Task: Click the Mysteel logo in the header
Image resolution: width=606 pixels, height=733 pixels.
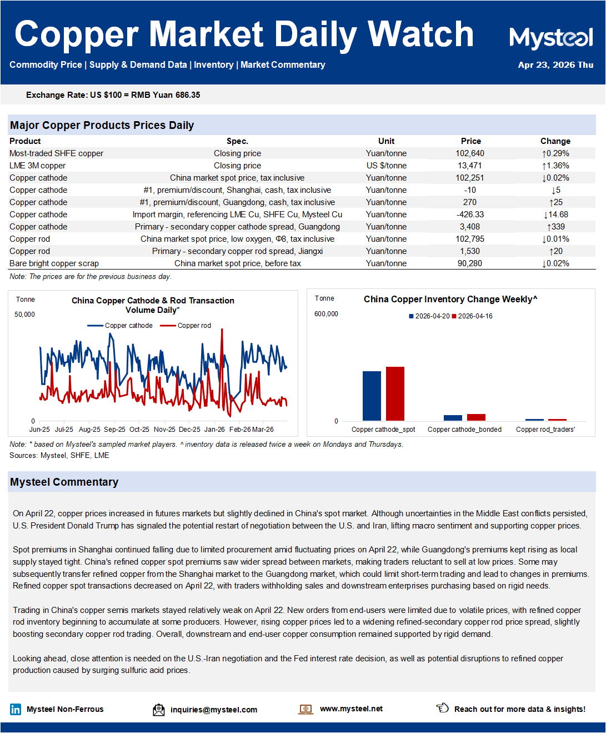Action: pos(551,38)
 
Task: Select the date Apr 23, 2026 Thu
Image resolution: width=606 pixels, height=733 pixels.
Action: pos(555,65)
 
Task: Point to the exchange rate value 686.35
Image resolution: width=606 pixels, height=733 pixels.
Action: pos(188,95)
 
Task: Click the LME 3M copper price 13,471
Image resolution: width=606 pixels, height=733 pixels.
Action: pos(470,166)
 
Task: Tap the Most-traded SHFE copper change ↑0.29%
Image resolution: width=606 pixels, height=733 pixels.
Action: pos(555,153)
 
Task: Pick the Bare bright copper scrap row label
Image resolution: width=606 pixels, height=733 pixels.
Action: pos(54,263)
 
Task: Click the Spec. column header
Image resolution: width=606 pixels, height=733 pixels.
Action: pos(237,141)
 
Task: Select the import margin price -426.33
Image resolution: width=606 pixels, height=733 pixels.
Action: pos(470,215)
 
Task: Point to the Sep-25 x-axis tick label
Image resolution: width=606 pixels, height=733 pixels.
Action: pos(114,430)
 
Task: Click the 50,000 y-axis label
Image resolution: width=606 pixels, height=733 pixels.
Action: pos(24,315)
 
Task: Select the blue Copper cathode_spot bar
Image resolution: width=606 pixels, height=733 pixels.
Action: pos(372,396)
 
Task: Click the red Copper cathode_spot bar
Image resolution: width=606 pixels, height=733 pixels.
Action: pos(395,393)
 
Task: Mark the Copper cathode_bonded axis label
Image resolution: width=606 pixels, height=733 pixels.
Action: pos(464,430)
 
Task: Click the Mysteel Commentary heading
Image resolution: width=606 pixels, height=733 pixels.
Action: pos(64,482)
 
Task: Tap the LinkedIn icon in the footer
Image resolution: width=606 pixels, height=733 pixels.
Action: pos(16,709)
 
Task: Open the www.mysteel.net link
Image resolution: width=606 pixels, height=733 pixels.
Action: pos(351,709)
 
